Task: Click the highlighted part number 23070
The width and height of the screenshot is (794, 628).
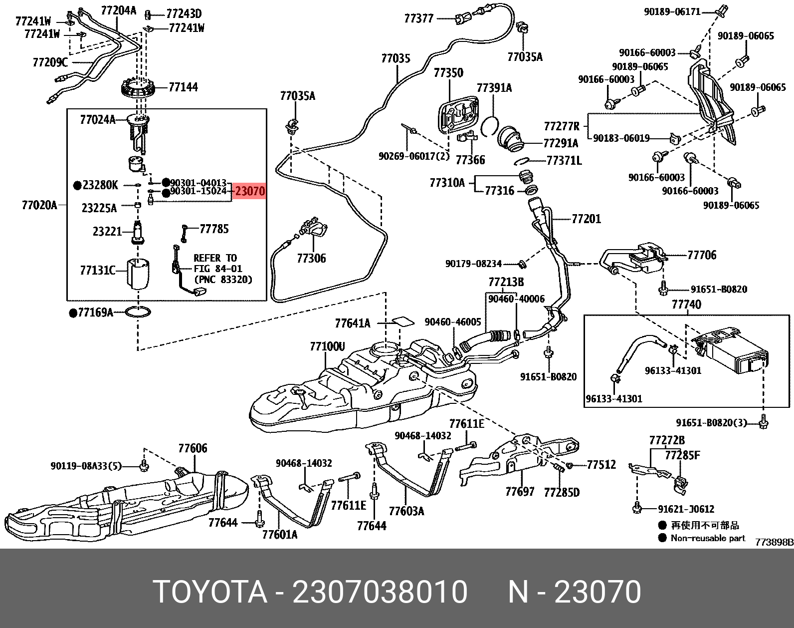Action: pyautogui.click(x=249, y=191)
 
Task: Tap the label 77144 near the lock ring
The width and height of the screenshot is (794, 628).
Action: pyautogui.click(x=183, y=87)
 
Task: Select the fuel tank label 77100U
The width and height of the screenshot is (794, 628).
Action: pyautogui.click(x=327, y=346)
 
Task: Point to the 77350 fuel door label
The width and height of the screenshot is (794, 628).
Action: pyautogui.click(x=448, y=73)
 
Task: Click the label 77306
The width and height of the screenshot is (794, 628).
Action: pyautogui.click(x=311, y=258)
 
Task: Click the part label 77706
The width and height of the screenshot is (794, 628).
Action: pyautogui.click(x=701, y=255)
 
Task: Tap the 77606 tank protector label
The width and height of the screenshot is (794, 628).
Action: pyautogui.click(x=193, y=448)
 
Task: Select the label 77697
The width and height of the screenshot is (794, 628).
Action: pyautogui.click(x=519, y=492)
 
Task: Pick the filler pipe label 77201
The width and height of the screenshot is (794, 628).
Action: pyautogui.click(x=586, y=219)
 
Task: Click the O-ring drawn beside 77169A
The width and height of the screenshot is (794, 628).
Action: pyautogui.click(x=138, y=313)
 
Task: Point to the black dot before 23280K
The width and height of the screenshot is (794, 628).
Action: pyautogui.click(x=77, y=186)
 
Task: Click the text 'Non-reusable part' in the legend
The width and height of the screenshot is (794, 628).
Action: pyautogui.click(x=708, y=538)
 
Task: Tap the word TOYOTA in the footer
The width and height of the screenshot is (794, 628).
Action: pyautogui.click(x=210, y=592)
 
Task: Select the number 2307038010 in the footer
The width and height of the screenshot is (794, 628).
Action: pyautogui.click(x=380, y=592)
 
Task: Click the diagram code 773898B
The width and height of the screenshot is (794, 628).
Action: pyautogui.click(x=774, y=542)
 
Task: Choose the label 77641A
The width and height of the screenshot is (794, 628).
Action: pyautogui.click(x=352, y=323)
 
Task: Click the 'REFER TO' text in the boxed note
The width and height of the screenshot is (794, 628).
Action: pyautogui.click(x=215, y=258)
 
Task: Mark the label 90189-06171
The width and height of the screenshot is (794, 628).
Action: pyautogui.click(x=672, y=11)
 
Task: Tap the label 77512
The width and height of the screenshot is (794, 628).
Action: pyautogui.click(x=601, y=465)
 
